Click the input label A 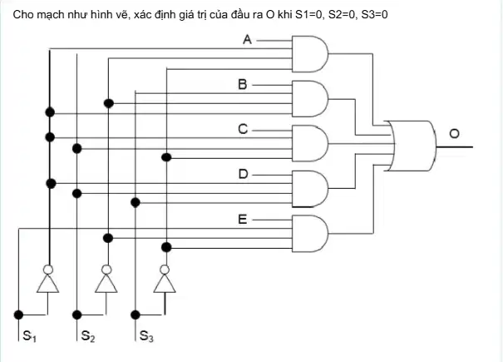pos(247,39)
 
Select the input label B pos(243,84)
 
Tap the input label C pos(243,129)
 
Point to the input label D pos(243,174)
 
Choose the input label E pos(243,220)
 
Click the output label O pos(454,134)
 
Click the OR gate pos(412,146)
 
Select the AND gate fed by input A pos(310,53)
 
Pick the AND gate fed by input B pos(310,98)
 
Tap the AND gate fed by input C pos(310,143)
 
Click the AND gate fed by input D pos(310,189)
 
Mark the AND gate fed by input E pos(310,234)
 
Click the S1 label pos(29,336)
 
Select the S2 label pos(88,336)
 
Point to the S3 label pos(146,336)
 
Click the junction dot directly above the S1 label pos(18,315)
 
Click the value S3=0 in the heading pos(374,14)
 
